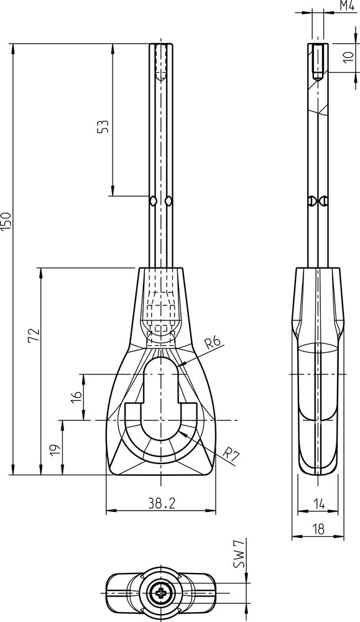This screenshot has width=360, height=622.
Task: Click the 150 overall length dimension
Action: tap(7, 222)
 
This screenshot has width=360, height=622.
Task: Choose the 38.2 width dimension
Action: tap(162, 503)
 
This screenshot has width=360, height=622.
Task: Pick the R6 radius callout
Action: tap(213, 343)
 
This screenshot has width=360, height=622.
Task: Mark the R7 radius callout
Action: tap(231, 453)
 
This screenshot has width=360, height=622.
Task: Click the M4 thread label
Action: tap(347, 6)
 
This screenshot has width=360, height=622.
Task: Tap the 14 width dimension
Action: tap(318, 504)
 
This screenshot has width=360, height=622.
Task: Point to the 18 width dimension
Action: tap(318, 528)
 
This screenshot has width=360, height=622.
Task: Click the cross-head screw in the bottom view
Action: tap(162, 593)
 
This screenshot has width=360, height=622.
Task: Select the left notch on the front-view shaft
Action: tap(152, 201)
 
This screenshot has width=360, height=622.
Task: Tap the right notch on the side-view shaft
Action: tap(325, 201)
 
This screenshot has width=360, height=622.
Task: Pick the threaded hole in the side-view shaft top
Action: tap(318, 62)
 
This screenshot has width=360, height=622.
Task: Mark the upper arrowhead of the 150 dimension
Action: tap(13, 49)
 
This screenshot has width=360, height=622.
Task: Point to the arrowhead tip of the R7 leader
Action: tap(179, 432)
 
